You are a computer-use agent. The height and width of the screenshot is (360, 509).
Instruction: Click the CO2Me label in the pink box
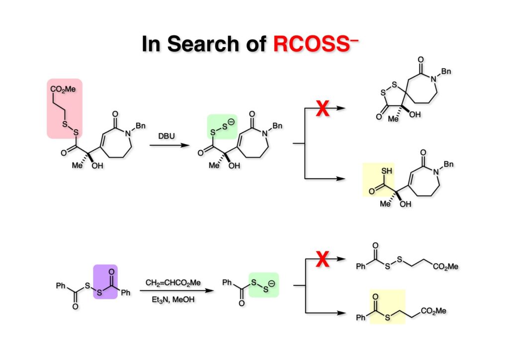coord(63,89)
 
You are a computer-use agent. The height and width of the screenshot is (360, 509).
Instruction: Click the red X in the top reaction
coord(323,108)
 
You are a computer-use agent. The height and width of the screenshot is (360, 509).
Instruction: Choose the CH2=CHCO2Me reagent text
coord(173,282)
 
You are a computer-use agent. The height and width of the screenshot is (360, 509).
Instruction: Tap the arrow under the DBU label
coord(167,145)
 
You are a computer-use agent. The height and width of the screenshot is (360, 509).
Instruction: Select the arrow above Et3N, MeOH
coord(174,291)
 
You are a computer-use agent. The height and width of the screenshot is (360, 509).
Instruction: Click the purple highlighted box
coord(105,281)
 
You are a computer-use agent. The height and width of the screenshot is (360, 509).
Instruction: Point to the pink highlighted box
coord(64,108)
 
